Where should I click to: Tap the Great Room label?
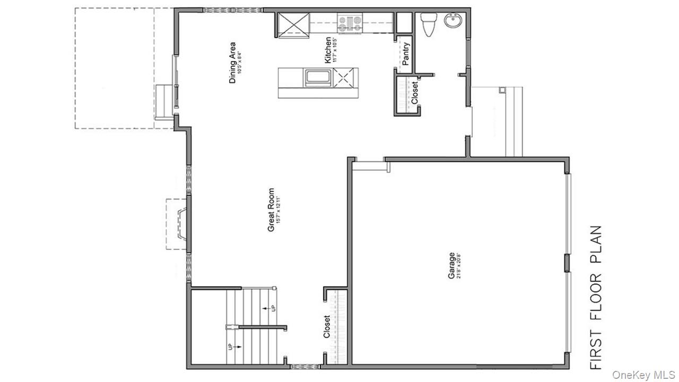coord(271,210)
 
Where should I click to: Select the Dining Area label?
coord(232,63)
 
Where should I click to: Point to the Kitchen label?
coord(328,50)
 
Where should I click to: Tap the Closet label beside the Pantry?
coord(414,92)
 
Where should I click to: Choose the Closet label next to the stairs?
coord(327,327)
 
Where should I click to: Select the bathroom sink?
coord(452,22)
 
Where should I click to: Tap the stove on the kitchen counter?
coord(350,23)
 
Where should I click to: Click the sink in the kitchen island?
coord(317,77)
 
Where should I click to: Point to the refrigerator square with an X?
coord(292,24)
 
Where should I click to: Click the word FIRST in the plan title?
coord(596,350)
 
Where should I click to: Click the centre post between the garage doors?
coord(567,263)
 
